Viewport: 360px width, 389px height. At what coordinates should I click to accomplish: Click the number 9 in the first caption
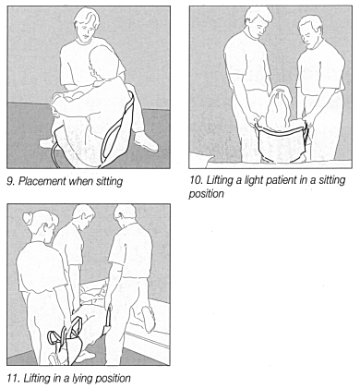click(x=10, y=182)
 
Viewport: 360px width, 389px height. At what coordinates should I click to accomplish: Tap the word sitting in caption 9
click(x=109, y=182)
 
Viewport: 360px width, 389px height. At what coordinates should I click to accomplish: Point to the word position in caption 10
click(x=206, y=194)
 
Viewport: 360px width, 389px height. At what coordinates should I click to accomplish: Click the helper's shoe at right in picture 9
click(x=145, y=141)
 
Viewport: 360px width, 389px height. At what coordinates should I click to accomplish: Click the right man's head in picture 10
click(x=310, y=30)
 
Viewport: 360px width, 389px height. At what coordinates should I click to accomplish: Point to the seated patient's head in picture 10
click(x=280, y=100)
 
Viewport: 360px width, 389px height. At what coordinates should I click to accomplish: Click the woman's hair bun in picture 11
click(x=28, y=217)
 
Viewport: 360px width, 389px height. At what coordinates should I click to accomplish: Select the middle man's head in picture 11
click(x=83, y=217)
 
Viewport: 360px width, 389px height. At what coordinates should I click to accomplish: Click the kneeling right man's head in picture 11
click(x=125, y=216)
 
